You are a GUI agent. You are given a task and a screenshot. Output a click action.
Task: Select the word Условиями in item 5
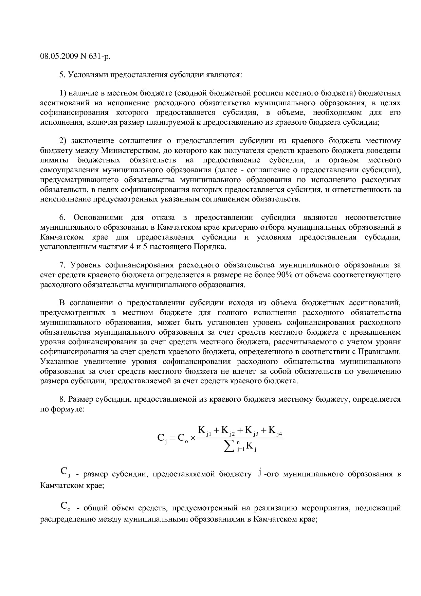87,74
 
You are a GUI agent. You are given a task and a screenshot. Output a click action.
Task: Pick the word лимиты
54,160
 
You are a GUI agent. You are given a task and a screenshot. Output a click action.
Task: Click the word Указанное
60,362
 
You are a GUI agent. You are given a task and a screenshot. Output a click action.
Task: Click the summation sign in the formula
231,446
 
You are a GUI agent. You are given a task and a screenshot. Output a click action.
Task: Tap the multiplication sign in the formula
193,438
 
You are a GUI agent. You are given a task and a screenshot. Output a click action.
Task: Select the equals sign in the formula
172,438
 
